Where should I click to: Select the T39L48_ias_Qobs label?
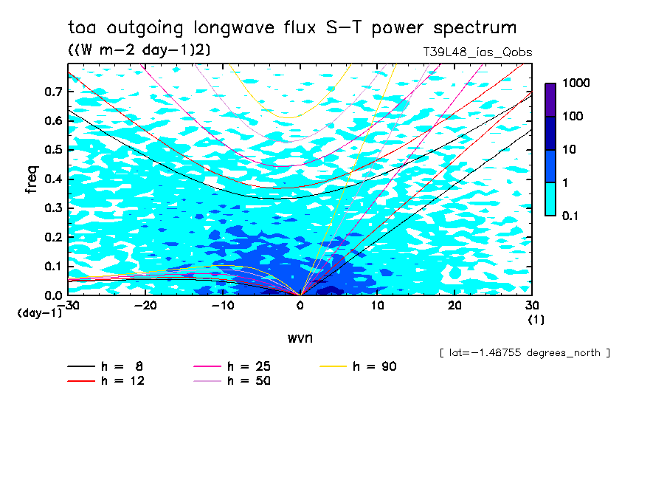[477, 52]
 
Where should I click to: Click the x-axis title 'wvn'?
[300, 338]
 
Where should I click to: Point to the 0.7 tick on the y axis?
[53, 92]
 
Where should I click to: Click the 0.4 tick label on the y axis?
[53, 179]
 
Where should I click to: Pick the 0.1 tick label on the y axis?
[53, 266]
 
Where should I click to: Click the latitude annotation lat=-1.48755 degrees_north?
[524, 352]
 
